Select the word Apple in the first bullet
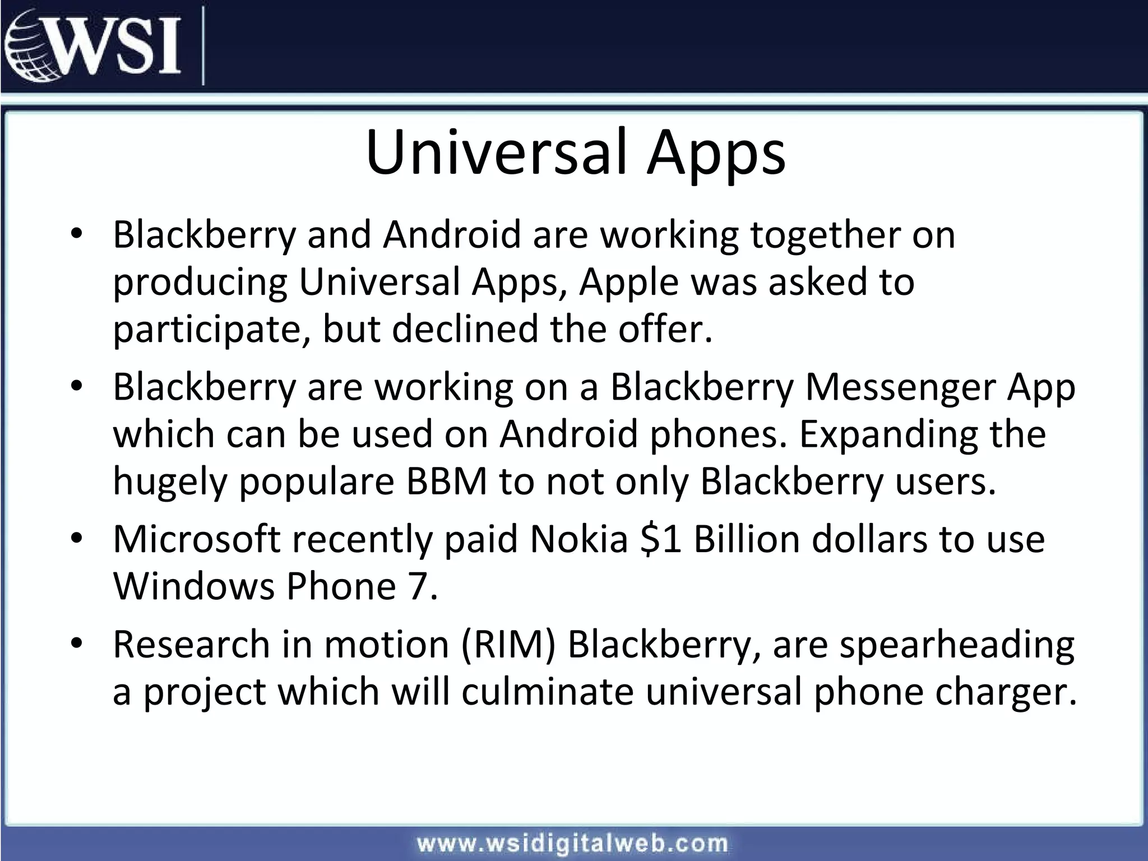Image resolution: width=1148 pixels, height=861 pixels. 629,282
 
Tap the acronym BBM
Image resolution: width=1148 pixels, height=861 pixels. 447,482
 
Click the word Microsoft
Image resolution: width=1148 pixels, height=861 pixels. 196,539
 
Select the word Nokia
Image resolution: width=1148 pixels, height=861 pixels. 579,539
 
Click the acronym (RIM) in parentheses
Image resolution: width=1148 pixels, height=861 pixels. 508,645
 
